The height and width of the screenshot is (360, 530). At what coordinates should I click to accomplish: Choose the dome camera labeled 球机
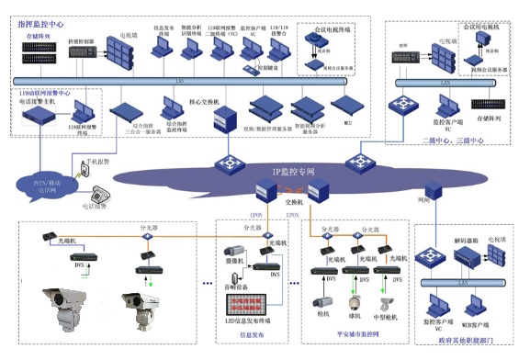coord(355,302)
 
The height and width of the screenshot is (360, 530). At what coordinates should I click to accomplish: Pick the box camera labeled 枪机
coord(322,301)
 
